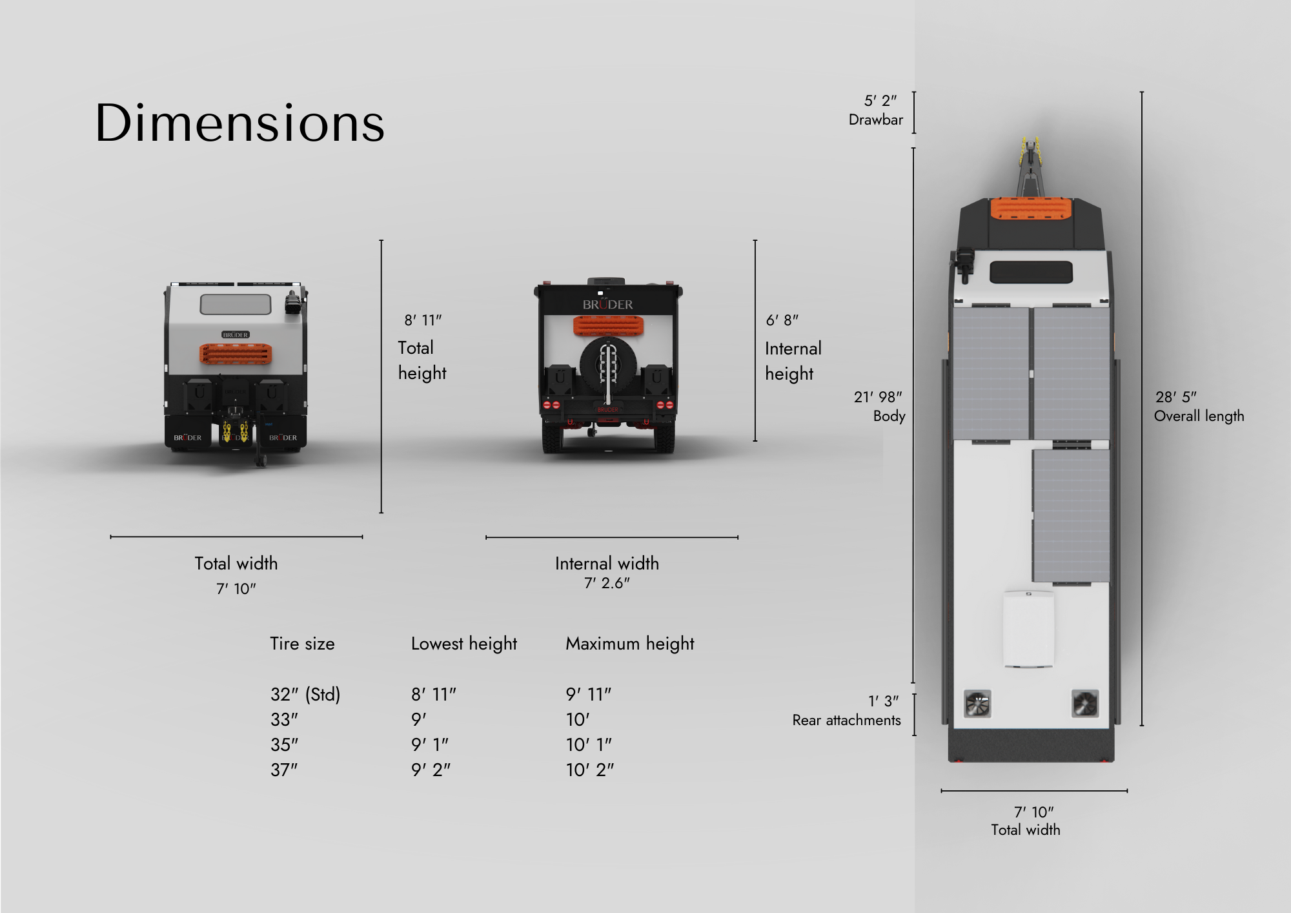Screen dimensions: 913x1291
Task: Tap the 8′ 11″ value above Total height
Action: click(423, 320)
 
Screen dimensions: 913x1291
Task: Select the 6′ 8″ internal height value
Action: click(782, 320)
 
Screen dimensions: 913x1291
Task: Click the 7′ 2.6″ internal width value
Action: click(607, 583)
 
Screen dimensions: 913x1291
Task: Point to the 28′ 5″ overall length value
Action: click(1175, 397)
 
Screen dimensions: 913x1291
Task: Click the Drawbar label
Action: click(875, 120)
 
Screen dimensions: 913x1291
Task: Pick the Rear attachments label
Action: click(846, 721)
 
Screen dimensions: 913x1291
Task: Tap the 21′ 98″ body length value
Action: click(878, 397)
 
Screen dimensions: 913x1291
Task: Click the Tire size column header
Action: click(302, 644)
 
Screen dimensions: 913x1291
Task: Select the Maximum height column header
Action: click(629, 644)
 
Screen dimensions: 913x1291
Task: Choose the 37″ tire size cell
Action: click(284, 770)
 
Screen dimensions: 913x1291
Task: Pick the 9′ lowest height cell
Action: click(419, 719)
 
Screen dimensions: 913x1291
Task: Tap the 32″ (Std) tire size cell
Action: click(305, 694)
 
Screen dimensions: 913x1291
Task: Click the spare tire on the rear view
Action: click(607, 365)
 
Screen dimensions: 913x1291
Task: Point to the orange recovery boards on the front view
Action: click(236, 354)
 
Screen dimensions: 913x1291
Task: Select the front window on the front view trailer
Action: click(235, 304)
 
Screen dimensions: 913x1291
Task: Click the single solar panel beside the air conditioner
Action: click(1070, 515)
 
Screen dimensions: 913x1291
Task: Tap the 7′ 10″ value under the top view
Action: click(1033, 812)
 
